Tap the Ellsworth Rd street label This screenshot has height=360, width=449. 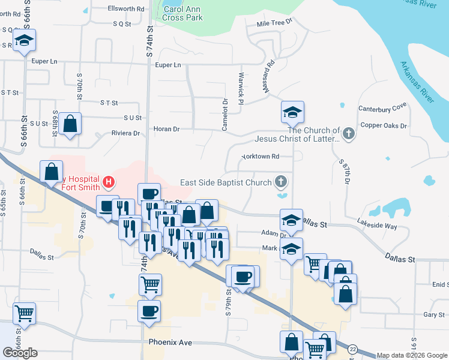(x=126, y=9)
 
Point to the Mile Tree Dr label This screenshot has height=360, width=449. (x=274, y=22)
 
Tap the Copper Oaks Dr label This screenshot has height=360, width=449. (x=384, y=126)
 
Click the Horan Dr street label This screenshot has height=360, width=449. (x=167, y=129)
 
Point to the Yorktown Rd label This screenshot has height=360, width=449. (x=260, y=157)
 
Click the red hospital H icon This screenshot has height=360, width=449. (x=109, y=181)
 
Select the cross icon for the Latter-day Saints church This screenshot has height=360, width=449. (x=349, y=134)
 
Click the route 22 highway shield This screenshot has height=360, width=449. (x=352, y=349)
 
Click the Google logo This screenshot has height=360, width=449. (x=20, y=353)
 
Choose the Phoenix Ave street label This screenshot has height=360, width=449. (x=170, y=342)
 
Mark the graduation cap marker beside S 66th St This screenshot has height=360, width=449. (x=25, y=40)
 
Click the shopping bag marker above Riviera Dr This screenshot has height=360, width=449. (x=70, y=124)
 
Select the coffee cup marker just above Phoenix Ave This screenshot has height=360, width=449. (x=149, y=311)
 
